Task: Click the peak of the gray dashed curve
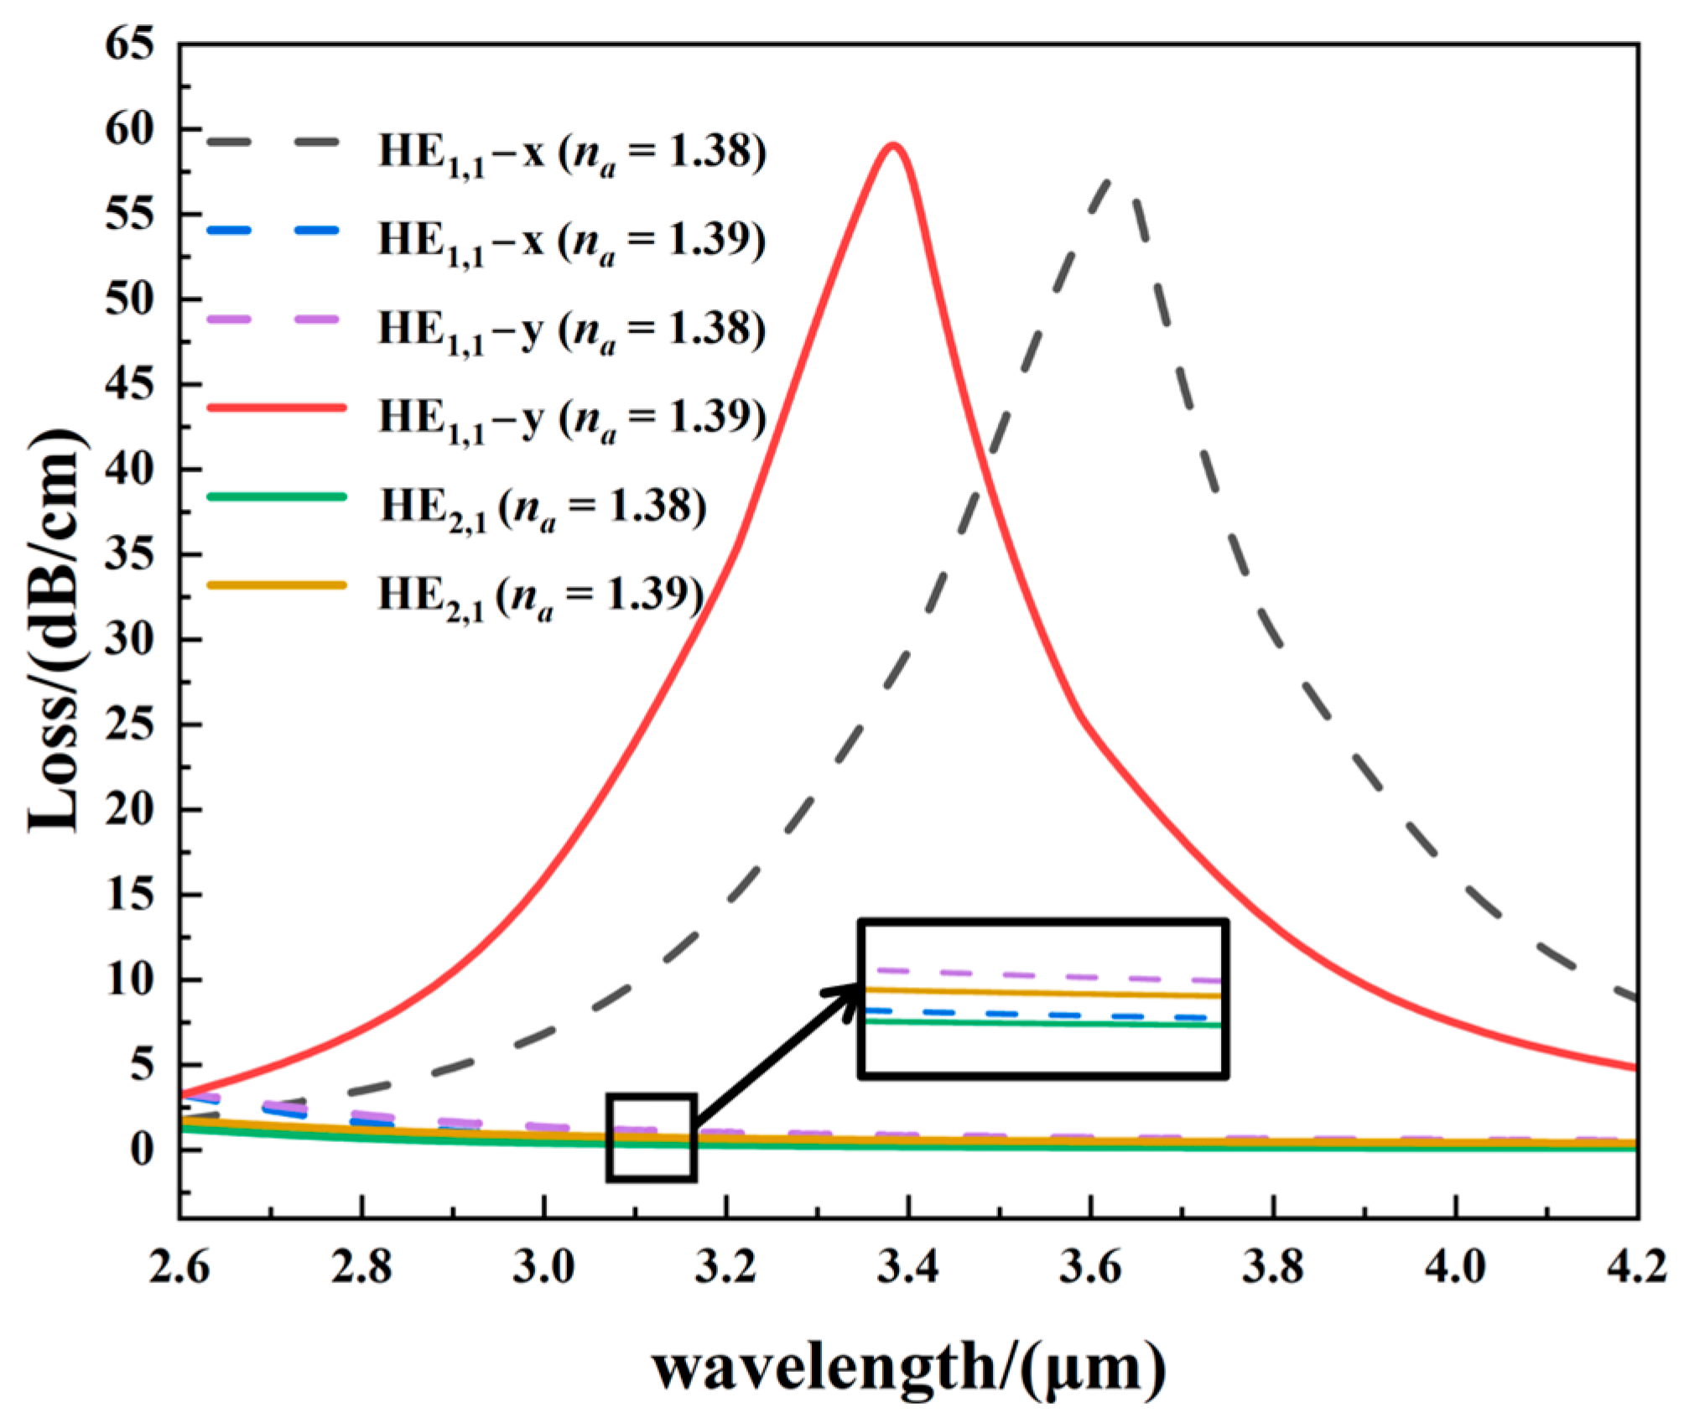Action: click(1109, 180)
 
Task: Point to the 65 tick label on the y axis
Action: click(130, 44)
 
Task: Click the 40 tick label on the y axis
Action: click(130, 470)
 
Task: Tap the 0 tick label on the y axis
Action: click(143, 1149)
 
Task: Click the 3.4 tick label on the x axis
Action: click(908, 1266)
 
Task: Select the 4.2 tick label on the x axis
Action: click(1636, 1266)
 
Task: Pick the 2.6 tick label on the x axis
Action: click(179, 1266)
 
